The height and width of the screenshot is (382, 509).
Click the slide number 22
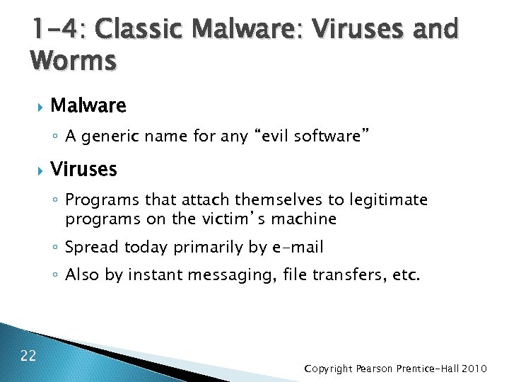(28, 355)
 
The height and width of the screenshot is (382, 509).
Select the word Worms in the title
(73, 61)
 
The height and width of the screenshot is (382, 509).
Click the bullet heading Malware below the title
(88, 106)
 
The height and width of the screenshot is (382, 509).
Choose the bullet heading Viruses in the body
(84, 170)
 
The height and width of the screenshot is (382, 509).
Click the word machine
(303, 219)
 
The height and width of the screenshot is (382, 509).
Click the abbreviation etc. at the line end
(406, 274)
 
